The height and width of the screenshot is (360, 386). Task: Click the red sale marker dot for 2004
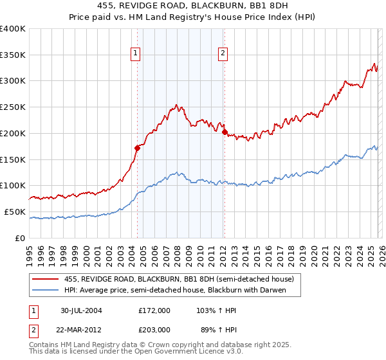pos(138,148)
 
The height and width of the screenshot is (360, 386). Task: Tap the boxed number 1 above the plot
pos(136,54)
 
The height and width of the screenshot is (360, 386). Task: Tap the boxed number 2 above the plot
pos(223,54)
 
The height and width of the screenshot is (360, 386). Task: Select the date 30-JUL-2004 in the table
pos(81,310)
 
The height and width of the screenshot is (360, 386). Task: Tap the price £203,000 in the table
pos(154,329)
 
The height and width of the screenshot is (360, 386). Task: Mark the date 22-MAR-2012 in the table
pos(81,329)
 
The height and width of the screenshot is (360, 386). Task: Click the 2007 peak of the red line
pos(175,105)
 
